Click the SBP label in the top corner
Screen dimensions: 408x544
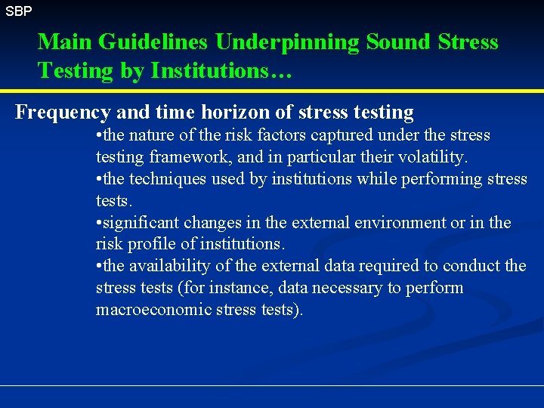tap(19, 11)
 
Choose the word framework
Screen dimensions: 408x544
tap(190, 157)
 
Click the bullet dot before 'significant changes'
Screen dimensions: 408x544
tap(100, 223)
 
